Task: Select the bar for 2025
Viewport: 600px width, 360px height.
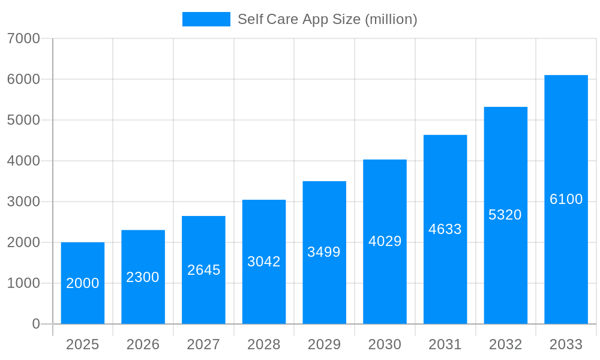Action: [83, 283]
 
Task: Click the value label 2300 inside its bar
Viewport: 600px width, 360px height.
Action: [143, 277]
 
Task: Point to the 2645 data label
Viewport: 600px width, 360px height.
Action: [204, 270]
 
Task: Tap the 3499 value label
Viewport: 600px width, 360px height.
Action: [324, 252]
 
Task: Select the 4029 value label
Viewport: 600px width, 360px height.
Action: [385, 241]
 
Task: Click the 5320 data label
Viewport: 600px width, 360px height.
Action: [505, 215]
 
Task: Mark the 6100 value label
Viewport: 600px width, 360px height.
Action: [566, 199]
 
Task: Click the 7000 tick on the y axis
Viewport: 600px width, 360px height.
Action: [23, 38]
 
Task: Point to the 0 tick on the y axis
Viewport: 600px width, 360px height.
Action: [36, 324]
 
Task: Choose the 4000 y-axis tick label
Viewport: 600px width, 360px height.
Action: [23, 161]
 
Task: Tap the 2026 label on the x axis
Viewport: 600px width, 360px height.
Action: [143, 345]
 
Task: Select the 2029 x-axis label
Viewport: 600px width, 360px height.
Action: [324, 345]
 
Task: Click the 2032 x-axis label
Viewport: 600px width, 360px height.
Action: [505, 345]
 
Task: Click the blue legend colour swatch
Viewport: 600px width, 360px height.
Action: [206, 19]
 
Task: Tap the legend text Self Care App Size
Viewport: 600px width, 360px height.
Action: [327, 19]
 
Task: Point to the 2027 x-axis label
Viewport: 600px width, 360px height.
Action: [203, 345]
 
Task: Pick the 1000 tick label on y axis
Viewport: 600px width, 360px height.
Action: [23, 283]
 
